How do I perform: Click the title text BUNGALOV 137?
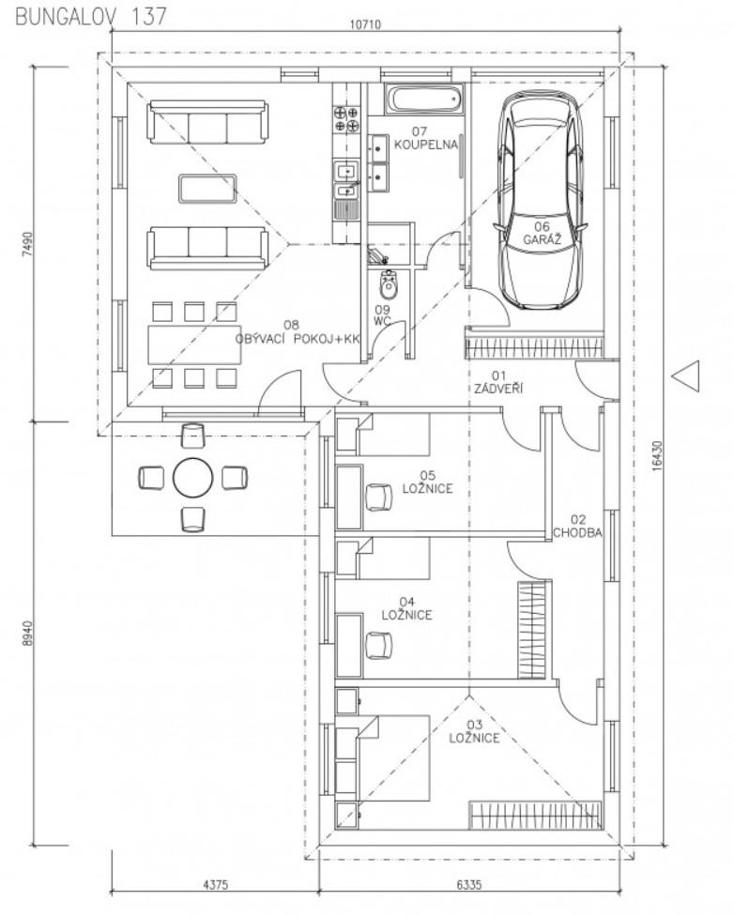pyautogui.click(x=91, y=16)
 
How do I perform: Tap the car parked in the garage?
pyautogui.click(x=541, y=201)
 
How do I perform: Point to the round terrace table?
pyautogui.click(x=193, y=478)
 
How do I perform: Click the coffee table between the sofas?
pyautogui.click(x=207, y=189)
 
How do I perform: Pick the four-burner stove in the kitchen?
pyautogui.click(x=345, y=118)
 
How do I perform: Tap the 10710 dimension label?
pyautogui.click(x=365, y=24)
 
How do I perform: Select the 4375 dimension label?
pyautogui.click(x=215, y=885)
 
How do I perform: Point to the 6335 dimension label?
pyautogui.click(x=469, y=885)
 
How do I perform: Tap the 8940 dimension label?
pyautogui.click(x=28, y=633)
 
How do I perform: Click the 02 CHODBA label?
pyautogui.click(x=577, y=527)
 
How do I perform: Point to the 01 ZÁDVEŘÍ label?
pyautogui.click(x=498, y=382)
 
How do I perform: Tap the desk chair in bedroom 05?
pyautogui.click(x=378, y=497)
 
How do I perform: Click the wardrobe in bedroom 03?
pyautogui.click(x=535, y=816)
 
